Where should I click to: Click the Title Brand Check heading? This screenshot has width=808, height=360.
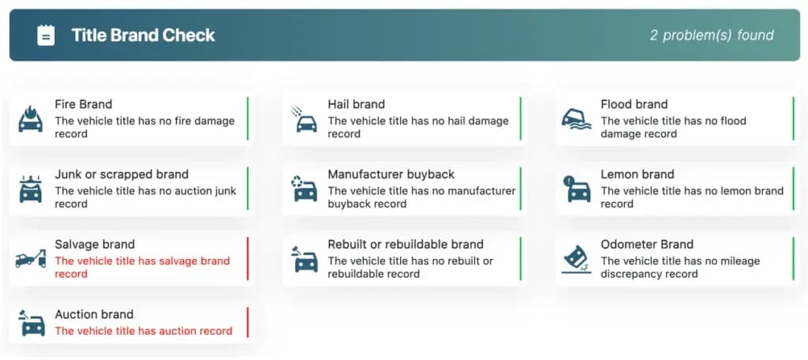click(x=143, y=35)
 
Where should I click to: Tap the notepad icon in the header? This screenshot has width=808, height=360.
click(x=46, y=35)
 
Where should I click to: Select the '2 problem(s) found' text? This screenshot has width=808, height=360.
click(x=712, y=35)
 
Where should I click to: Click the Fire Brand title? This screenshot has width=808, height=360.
click(x=84, y=104)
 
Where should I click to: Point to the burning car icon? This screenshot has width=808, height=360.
click(x=31, y=119)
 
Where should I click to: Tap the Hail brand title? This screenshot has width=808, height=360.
click(x=356, y=104)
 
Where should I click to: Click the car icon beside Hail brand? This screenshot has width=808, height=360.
click(x=304, y=119)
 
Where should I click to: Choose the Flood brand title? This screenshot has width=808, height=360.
click(x=634, y=104)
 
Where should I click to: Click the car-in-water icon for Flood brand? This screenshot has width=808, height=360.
click(x=576, y=120)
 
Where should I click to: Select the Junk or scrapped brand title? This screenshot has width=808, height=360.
click(x=122, y=174)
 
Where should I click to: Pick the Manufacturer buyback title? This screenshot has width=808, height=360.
click(x=391, y=174)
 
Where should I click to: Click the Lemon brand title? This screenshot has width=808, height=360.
click(x=637, y=174)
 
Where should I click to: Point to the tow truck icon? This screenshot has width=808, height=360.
click(x=31, y=259)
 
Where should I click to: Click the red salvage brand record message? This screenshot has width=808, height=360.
click(x=142, y=267)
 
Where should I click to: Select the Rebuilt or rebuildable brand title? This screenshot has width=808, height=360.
click(x=406, y=245)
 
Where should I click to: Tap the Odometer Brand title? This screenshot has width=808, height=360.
click(x=647, y=245)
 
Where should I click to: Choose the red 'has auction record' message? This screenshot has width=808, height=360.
click(x=144, y=331)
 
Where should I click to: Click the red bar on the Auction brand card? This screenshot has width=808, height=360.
click(x=247, y=322)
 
